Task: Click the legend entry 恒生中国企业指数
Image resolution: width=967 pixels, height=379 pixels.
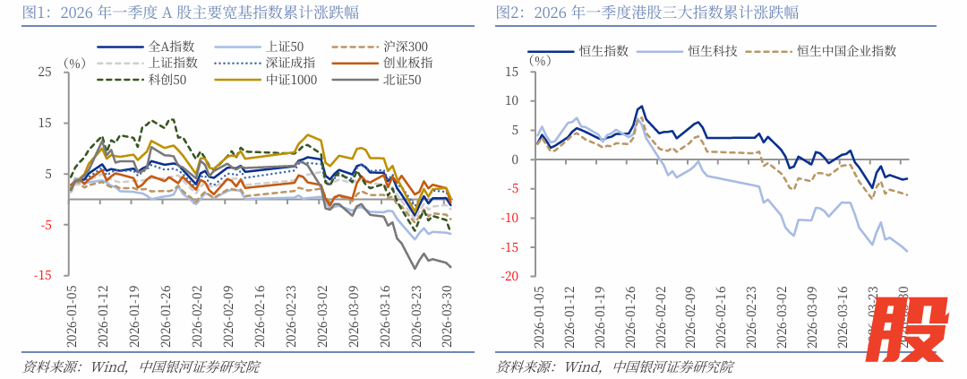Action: [x=846, y=52]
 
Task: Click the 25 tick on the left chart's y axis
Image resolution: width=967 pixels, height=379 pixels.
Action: [x=45, y=72]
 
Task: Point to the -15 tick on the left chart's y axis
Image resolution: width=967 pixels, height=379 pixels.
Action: [x=42, y=275]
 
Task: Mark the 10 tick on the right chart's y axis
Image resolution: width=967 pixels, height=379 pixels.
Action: [x=512, y=100]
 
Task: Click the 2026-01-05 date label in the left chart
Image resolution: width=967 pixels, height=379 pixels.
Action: [x=73, y=316]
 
